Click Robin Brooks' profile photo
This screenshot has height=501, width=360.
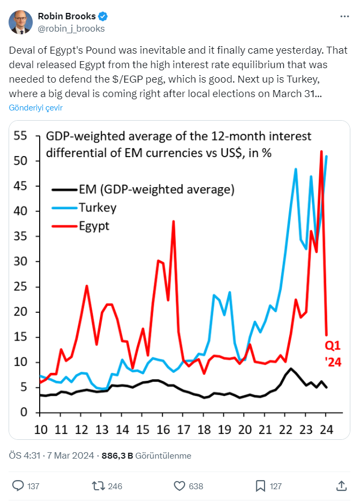click(20, 22)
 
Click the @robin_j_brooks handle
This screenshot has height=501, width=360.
click(71, 28)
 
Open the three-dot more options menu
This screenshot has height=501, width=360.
click(345, 17)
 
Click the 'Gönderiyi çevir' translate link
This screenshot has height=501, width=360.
click(36, 107)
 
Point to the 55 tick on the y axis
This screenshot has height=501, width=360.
click(20, 136)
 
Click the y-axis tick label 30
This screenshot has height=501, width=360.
click(20, 262)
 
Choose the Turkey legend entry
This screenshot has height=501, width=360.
click(97, 208)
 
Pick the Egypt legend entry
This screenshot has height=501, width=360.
click(94, 226)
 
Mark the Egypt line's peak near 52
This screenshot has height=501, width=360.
click(321, 152)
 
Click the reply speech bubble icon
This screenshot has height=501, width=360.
click(18, 485)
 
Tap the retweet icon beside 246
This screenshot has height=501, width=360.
click(98, 485)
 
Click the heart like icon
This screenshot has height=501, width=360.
click(180, 485)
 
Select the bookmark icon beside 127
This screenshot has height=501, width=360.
click(260, 485)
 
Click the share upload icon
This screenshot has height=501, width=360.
click(341, 485)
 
